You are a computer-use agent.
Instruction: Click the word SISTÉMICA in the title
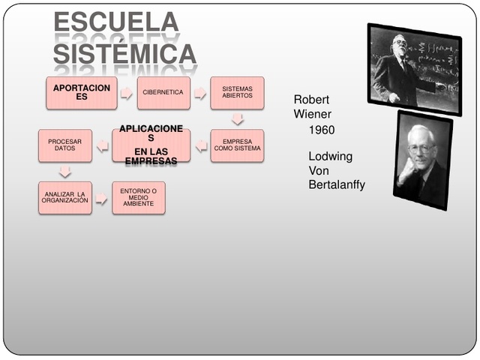(124, 54)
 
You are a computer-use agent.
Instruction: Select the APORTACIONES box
(81, 93)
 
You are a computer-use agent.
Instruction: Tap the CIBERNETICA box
(163, 93)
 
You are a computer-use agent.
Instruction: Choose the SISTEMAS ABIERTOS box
(237, 93)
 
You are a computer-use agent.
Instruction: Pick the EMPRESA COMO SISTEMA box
(237, 145)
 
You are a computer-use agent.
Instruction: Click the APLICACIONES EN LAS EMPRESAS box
(151, 145)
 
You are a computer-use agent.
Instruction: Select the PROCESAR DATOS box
(65, 145)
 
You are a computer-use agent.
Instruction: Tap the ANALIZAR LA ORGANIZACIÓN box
(65, 198)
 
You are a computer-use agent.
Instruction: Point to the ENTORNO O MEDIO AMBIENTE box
(139, 198)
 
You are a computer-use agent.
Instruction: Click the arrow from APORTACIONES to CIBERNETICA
(126, 93)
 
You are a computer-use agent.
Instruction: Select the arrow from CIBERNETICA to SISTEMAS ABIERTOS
(200, 93)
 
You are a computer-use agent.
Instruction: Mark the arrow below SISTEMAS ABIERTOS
(238, 118)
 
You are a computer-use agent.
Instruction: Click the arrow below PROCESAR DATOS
(65, 172)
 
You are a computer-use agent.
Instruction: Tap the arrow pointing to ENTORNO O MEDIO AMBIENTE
(101, 199)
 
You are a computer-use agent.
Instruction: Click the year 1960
(321, 130)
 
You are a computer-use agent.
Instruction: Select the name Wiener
(312, 114)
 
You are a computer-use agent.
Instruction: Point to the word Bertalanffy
(337, 184)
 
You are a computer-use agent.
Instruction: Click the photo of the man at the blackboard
(413, 68)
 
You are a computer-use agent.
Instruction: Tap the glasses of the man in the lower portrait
(421, 148)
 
